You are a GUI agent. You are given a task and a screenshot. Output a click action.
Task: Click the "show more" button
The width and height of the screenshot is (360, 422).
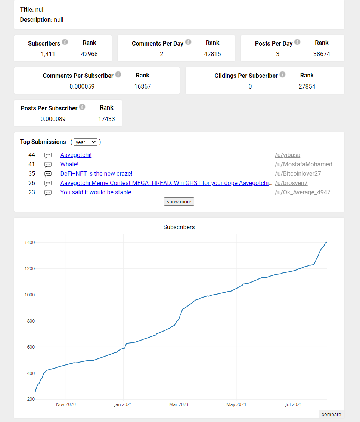point(179,201)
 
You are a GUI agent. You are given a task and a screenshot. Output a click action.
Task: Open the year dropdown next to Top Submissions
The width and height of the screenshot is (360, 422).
point(86,142)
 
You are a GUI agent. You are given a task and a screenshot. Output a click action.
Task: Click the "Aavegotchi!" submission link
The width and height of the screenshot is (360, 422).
point(76,155)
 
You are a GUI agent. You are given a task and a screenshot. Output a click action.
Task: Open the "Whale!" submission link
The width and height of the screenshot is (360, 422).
point(69,164)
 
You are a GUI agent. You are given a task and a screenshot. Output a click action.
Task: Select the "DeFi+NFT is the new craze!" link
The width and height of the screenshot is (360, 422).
point(96,173)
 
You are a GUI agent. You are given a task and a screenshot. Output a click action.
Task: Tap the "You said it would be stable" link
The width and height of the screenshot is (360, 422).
point(96,192)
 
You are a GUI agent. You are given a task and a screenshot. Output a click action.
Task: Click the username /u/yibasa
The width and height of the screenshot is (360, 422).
point(288,155)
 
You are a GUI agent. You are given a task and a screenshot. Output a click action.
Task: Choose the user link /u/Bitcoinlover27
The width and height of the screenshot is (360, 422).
point(298,173)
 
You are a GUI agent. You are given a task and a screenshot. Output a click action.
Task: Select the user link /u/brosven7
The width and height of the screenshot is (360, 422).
point(291,183)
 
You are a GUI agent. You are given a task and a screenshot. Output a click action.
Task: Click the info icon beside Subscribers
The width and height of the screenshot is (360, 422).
point(65,42)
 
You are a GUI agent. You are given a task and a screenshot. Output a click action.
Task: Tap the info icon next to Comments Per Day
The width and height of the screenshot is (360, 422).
point(188,42)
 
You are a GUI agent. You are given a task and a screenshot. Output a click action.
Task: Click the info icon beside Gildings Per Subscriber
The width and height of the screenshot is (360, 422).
point(282,74)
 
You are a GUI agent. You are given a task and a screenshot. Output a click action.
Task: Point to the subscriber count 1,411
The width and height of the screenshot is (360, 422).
point(48,54)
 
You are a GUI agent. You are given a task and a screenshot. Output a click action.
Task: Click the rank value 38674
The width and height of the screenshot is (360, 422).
point(322,54)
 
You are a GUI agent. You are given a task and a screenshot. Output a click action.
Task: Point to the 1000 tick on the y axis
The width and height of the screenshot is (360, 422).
point(30,295)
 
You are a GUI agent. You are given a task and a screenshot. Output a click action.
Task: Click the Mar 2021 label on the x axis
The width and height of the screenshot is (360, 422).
point(179,404)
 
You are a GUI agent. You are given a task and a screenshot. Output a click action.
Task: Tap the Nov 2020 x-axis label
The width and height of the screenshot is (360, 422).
point(66,404)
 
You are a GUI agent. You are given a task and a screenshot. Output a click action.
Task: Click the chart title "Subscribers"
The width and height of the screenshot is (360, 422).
point(179,227)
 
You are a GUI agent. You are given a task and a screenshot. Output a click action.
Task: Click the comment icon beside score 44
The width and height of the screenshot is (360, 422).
point(48,155)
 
